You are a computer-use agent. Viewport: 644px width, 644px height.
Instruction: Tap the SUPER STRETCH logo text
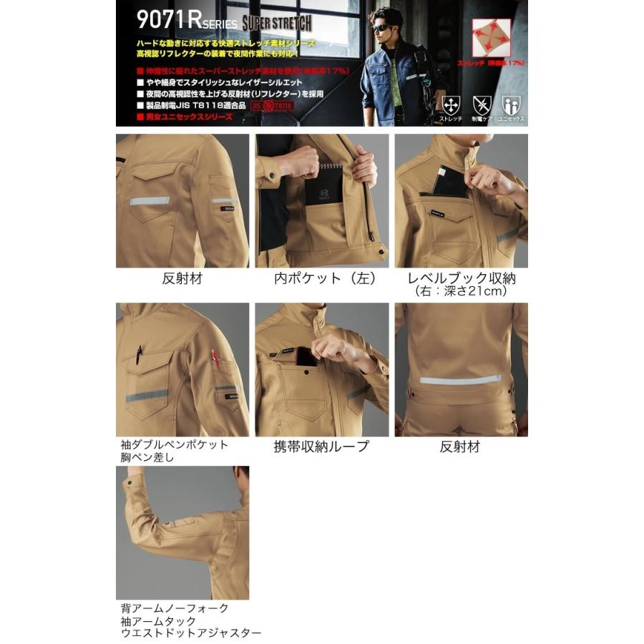[275, 22]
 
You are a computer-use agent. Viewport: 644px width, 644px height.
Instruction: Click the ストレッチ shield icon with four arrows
[451, 104]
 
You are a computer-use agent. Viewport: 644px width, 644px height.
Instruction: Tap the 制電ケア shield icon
[480, 104]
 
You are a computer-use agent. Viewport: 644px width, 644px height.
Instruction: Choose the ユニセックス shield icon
[509, 104]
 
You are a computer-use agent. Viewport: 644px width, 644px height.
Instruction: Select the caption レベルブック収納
[462, 278]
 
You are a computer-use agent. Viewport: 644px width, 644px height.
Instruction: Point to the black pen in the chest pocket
[140, 353]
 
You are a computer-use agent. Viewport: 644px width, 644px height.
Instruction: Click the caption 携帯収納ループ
[321, 447]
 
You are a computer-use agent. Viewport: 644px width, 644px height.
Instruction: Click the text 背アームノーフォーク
[175, 608]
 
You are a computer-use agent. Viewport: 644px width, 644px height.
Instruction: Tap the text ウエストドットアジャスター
[191, 633]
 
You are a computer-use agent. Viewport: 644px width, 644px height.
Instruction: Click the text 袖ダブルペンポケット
[175, 444]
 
